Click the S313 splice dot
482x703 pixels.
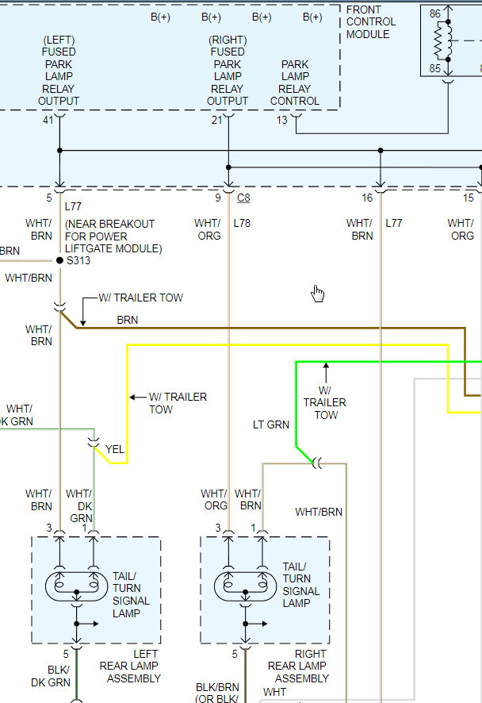(x=59, y=260)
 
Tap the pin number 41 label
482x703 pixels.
(x=48, y=120)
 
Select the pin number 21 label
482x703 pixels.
(x=216, y=120)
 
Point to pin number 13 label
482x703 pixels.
(x=282, y=120)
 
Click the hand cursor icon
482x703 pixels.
(x=318, y=294)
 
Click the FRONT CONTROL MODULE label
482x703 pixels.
(x=370, y=22)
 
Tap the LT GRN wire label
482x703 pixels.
(x=271, y=425)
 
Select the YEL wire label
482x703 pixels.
(x=115, y=449)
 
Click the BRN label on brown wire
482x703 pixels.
(x=127, y=321)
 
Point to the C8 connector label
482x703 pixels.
(x=243, y=198)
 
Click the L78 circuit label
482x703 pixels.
(x=242, y=224)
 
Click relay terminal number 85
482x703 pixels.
(x=434, y=68)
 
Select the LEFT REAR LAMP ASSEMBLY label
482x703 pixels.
(x=130, y=672)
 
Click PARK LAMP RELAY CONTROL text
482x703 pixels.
(x=295, y=83)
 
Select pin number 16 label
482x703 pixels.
(x=367, y=198)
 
